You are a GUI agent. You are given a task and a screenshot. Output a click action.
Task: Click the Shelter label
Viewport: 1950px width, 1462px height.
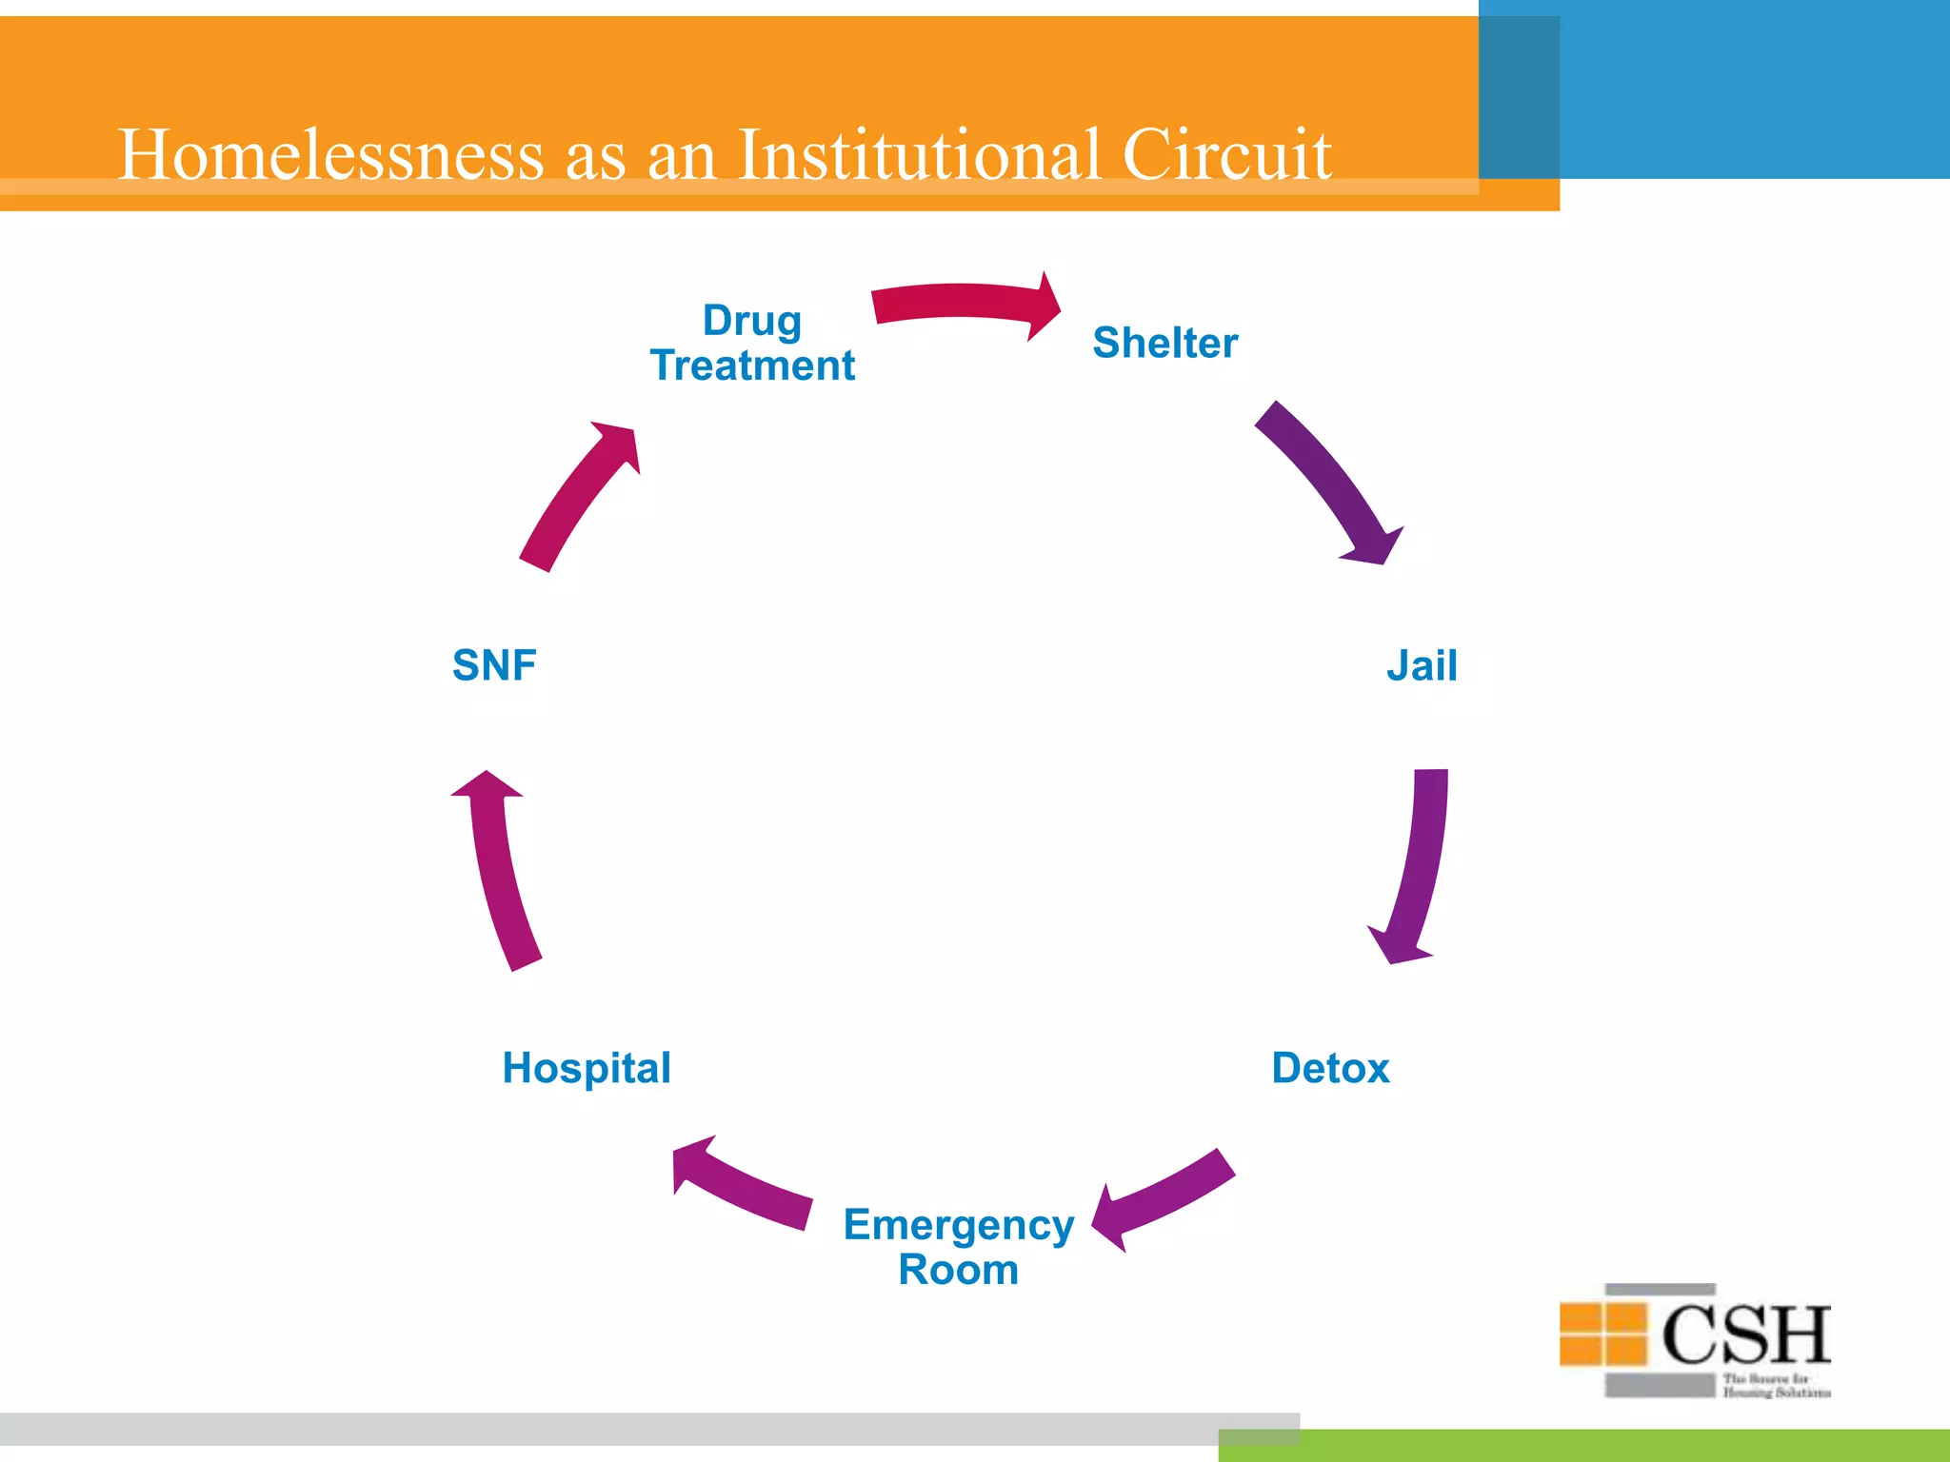coord(1164,343)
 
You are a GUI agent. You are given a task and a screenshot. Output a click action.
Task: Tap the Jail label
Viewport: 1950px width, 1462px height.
coord(1421,665)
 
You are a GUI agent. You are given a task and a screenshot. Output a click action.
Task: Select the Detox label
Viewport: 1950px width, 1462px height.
coord(1330,1068)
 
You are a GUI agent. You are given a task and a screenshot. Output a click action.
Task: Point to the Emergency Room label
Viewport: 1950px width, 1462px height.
coord(958,1247)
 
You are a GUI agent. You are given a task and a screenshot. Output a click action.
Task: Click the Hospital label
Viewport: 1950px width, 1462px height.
coord(587,1068)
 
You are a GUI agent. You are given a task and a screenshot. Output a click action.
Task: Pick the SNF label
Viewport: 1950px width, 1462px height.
coord(494,665)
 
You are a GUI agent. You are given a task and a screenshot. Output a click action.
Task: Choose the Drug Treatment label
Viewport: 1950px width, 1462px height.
coord(752,344)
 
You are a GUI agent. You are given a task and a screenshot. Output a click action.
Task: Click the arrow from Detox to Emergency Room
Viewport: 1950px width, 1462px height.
coord(1166,1199)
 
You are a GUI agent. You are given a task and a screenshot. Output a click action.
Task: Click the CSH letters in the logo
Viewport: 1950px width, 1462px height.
coord(1744,1334)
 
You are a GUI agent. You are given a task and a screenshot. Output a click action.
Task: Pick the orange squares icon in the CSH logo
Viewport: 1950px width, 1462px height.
coord(1602,1334)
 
